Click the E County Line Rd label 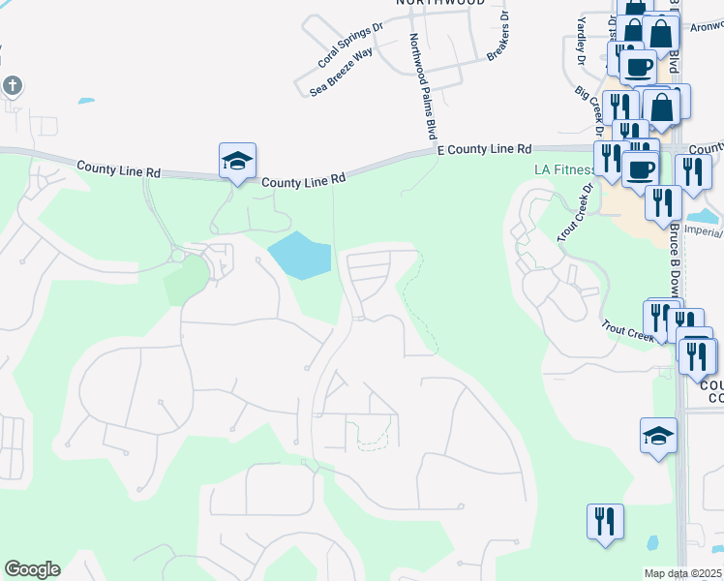[x=485, y=150]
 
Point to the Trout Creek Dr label [x=572, y=222]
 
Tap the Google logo [x=32, y=569]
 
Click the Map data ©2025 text [x=683, y=573]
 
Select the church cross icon [x=13, y=85]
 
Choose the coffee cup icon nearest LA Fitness [x=640, y=168]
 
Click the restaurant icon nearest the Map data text [x=605, y=522]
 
